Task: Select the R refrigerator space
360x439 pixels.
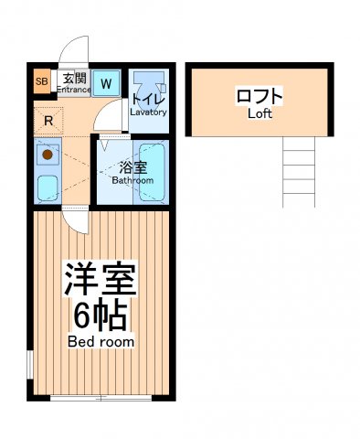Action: point(48,120)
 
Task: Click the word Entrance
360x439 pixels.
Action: point(76,89)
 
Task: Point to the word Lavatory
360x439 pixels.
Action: point(148,112)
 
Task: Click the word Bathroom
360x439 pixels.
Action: point(132,180)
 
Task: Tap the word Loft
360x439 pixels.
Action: point(259,114)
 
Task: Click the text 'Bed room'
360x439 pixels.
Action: point(101,341)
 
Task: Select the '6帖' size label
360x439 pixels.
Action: point(100,316)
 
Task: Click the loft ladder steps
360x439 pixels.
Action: point(299,169)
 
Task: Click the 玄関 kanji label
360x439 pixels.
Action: point(75,78)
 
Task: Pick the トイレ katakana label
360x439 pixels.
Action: point(147,99)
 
